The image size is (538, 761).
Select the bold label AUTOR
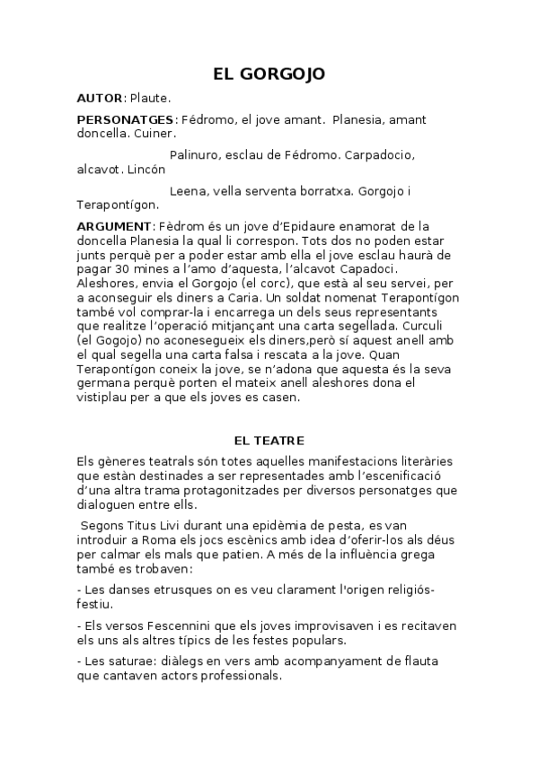(99, 97)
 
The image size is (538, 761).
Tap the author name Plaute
(151, 97)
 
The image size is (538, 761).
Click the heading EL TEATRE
(269, 441)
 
